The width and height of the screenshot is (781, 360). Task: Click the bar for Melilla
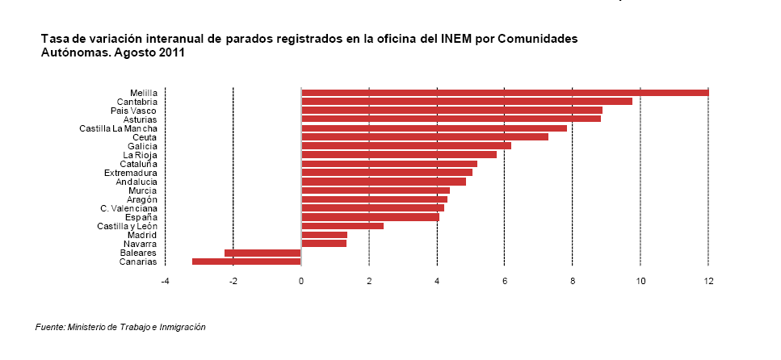(505, 93)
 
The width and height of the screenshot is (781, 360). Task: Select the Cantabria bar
(467, 101)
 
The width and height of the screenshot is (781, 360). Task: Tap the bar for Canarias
(246, 262)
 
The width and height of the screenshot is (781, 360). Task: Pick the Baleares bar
(262, 253)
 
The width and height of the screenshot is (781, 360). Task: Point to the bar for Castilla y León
(342, 226)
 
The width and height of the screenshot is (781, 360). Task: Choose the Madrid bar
(324, 235)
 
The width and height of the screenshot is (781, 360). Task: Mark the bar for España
(371, 217)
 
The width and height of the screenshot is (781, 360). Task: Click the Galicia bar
(406, 146)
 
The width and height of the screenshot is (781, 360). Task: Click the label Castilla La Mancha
(118, 128)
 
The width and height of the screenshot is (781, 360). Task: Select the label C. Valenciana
(128, 208)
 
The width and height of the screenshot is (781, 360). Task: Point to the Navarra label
(140, 244)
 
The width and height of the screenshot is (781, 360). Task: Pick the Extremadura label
(131, 173)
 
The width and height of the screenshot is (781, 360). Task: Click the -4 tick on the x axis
(165, 282)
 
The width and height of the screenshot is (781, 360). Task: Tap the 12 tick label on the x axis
(708, 282)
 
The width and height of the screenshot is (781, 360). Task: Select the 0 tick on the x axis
(300, 282)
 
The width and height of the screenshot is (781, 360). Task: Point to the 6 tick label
(505, 282)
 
